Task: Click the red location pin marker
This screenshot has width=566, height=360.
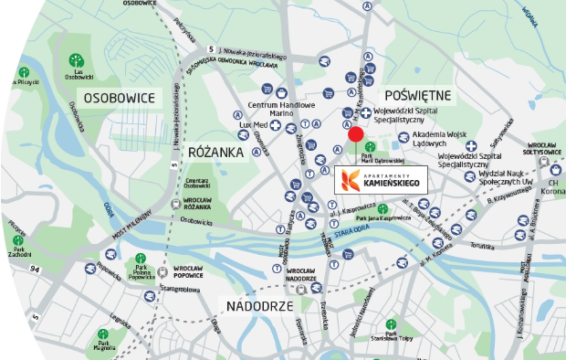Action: (355, 135)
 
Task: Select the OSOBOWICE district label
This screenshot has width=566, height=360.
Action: (118, 97)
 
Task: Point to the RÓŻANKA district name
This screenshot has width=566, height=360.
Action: (215, 151)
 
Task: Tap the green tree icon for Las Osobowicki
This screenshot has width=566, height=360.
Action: (75, 60)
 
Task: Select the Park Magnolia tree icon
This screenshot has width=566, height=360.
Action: (102, 334)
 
